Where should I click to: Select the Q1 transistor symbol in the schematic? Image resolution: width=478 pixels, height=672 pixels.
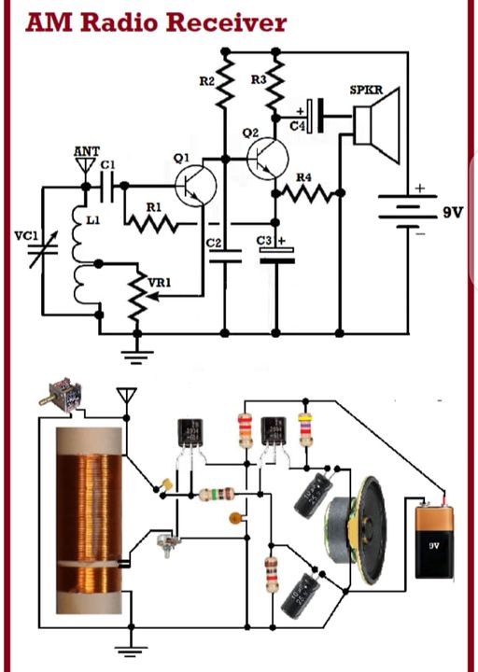(195, 183)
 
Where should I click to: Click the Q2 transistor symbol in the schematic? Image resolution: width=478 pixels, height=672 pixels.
(268, 158)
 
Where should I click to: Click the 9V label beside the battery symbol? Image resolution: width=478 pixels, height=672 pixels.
(452, 212)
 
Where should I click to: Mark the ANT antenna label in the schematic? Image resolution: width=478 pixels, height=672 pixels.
(86, 151)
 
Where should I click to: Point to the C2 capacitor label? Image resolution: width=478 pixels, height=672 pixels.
(213, 244)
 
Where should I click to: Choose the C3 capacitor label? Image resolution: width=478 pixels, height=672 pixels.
(266, 241)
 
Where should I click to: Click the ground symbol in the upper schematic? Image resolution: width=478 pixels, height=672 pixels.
(138, 352)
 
